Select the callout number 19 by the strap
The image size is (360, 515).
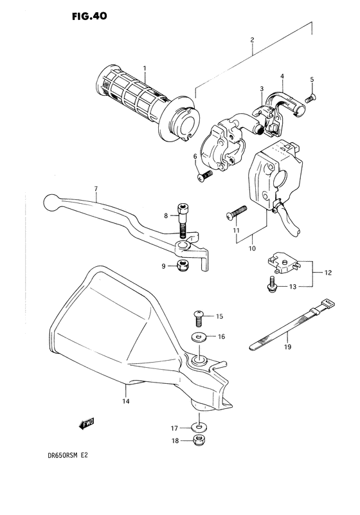click(288, 348)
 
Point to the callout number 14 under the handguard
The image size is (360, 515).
click(125, 402)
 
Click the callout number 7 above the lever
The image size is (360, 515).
click(95, 188)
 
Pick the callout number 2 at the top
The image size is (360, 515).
click(252, 39)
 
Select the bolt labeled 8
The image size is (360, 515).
click(183, 224)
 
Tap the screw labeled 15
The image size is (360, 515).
click(199, 317)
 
